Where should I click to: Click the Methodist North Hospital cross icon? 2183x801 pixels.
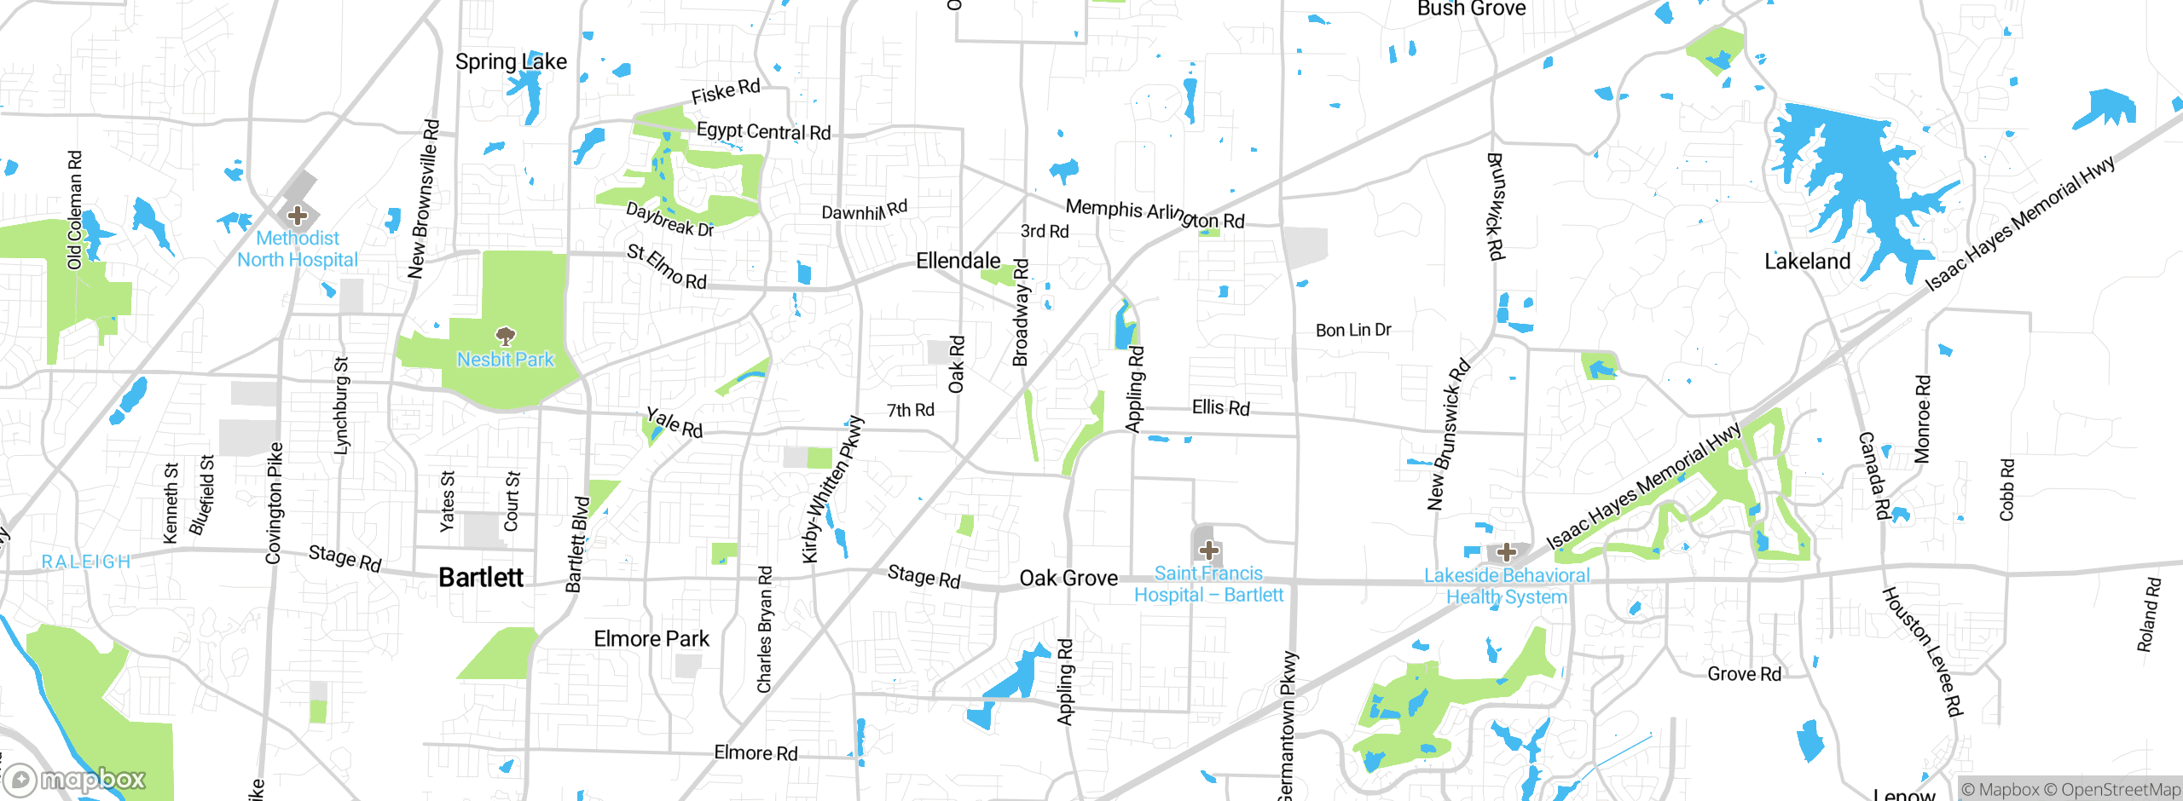(298, 215)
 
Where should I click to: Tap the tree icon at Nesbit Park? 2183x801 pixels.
(506, 335)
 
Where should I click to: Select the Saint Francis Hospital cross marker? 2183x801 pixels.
(1208, 550)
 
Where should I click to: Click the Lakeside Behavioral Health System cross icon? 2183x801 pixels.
(1507, 551)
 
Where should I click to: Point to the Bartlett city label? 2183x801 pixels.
(481, 578)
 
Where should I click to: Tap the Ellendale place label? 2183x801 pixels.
(958, 261)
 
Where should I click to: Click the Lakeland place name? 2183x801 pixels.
(1807, 262)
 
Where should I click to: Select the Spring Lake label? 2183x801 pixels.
(511, 61)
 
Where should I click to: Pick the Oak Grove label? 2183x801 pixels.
(1068, 579)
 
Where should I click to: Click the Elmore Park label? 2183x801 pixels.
(651, 639)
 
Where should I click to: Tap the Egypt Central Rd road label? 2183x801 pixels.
(763, 131)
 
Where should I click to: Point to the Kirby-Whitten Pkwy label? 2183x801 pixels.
(833, 491)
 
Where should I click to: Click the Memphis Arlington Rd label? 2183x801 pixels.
(1155, 213)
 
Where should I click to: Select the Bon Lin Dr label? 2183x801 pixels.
(1352, 330)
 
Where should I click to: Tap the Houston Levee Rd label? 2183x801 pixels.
(1923, 652)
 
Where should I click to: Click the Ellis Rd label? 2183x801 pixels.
(1220, 407)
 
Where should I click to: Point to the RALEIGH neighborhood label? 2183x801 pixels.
(86, 562)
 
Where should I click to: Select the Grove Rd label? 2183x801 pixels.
(1744, 674)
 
